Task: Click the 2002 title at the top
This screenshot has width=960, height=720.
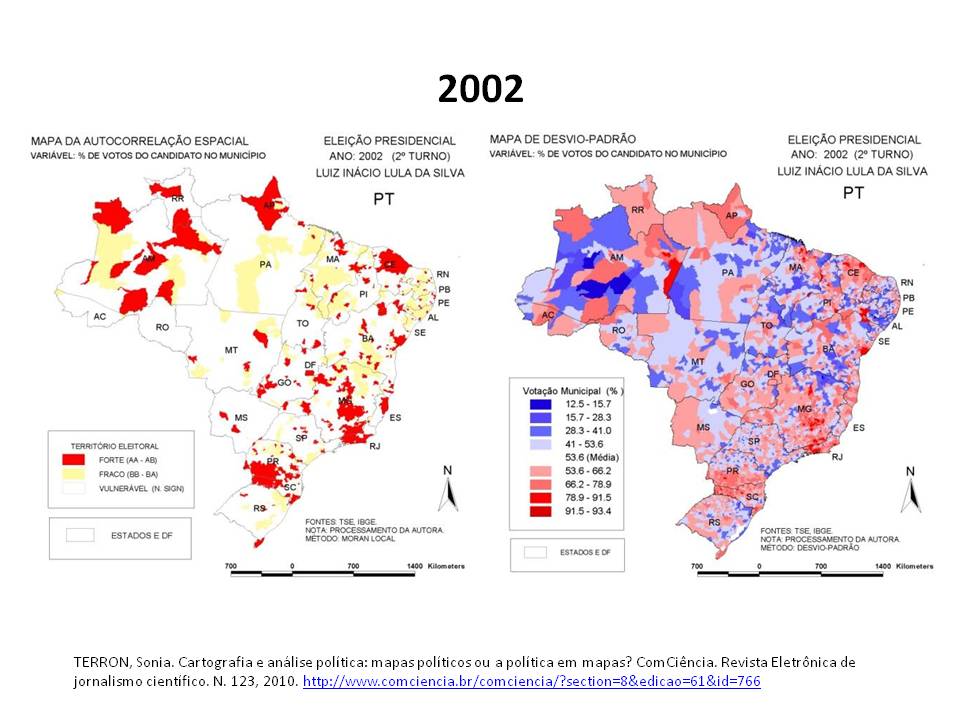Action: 480,90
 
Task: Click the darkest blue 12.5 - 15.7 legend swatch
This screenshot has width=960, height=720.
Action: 541,404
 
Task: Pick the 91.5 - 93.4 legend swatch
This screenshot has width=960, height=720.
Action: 541,511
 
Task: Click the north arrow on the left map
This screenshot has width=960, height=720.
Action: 448,489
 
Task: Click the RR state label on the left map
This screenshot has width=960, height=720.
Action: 178,199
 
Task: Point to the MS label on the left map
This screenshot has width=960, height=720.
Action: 241,416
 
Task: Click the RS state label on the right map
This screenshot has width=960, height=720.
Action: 714,522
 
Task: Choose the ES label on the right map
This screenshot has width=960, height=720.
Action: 859,428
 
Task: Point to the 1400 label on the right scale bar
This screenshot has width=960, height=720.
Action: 882,567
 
